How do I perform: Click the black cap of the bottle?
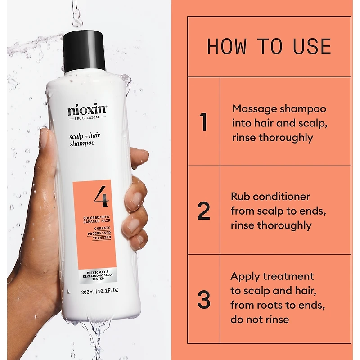coord(84,52)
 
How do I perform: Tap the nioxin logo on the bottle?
coord(87,110)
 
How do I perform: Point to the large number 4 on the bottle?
coord(101,196)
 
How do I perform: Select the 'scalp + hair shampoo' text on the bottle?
coord(85,139)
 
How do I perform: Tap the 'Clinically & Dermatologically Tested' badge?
coord(98,275)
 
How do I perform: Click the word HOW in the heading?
coord(227,47)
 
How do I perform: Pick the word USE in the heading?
coord(312,47)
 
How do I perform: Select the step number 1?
coord(203,122)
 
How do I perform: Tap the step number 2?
coord(204,211)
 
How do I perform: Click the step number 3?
coord(204,299)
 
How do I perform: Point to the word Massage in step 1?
coord(252,109)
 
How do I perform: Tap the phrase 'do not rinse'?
coord(260,319)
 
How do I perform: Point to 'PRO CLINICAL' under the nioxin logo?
coord(87,117)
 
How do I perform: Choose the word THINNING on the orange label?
coord(102,238)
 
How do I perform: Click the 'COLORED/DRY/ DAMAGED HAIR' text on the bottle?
coord(97,219)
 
